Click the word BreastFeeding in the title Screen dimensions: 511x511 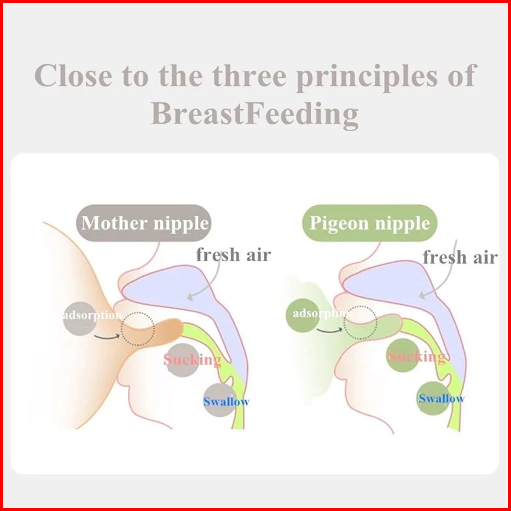point(255,114)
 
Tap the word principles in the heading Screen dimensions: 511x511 point(367,77)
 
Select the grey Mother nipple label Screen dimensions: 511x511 point(144,223)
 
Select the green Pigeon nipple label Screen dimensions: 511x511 point(370,223)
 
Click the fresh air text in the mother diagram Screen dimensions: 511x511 point(233,254)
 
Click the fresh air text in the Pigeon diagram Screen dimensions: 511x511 point(460,257)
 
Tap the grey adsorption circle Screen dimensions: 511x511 point(80,319)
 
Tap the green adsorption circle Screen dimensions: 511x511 point(303,315)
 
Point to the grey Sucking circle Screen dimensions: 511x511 point(182,360)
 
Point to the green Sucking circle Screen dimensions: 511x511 point(403,355)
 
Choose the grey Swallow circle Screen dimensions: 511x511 point(220,400)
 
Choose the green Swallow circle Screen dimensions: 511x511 point(434,398)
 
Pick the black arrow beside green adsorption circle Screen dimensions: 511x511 point(329,331)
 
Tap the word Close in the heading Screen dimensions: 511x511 point(73,75)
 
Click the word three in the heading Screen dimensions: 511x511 point(249,75)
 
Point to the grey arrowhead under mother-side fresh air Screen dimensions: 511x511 point(190,297)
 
